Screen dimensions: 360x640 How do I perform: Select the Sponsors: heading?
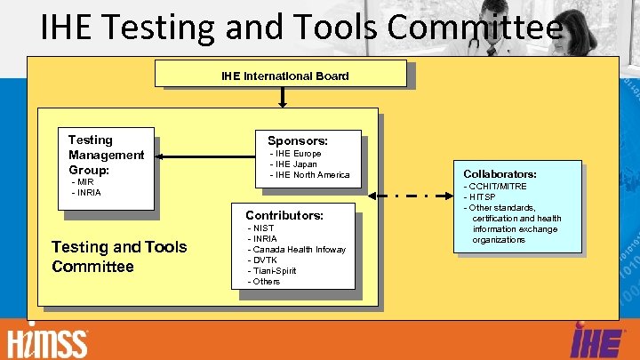click(298, 140)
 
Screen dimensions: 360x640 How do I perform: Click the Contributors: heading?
click(284, 215)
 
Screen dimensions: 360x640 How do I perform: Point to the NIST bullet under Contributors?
click(263, 228)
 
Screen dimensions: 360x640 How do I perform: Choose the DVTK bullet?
click(265, 260)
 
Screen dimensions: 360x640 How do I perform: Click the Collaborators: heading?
click(500, 174)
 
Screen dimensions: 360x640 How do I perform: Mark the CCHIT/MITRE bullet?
click(498, 187)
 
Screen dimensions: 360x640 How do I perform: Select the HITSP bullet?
click(482, 197)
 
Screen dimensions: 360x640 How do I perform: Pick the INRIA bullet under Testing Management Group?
click(87, 192)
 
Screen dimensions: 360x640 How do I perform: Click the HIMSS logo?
click(48, 342)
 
